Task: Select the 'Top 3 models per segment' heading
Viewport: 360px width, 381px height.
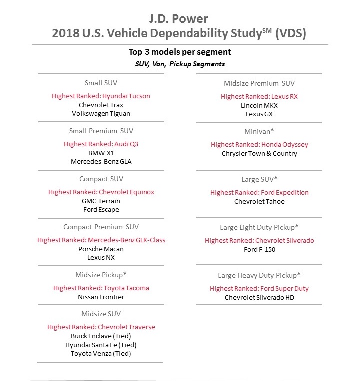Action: click(x=180, y=52)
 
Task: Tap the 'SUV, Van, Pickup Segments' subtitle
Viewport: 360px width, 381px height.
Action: click(x=180, y=64)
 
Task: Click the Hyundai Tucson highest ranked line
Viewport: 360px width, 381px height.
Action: click(x=101, y=96)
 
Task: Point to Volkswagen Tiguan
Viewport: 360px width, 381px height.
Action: click(x=101, y=113)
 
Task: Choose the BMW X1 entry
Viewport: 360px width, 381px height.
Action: click(x=101, y=153)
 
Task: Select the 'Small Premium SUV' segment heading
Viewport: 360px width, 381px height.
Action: click(x=101, y=131)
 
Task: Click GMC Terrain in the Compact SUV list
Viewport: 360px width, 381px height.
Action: click(x=101, y=201)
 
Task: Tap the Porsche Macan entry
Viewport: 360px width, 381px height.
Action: click(x=101, y=249)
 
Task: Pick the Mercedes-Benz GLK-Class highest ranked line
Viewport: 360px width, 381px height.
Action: click(x=101, y=240)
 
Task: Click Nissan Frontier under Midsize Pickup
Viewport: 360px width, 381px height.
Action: click(x=101, y=297)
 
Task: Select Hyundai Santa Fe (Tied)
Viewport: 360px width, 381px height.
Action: click(x=101, y=345)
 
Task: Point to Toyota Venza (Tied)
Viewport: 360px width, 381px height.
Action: click(x=101, y=354)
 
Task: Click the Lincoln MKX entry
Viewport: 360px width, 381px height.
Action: click(x=259, y=105)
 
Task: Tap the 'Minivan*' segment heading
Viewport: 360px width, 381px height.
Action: click(x=259, y=131)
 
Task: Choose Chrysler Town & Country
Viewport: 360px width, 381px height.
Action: click(x=259, y=153)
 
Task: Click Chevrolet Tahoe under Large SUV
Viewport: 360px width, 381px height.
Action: click(x=259, y=201)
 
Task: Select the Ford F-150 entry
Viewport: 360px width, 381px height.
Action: click(x=259, y=249)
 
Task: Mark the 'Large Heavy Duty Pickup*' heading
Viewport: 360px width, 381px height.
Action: click(x=259, y=275)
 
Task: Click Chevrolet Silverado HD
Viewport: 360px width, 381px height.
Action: click(x=259, y=297)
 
